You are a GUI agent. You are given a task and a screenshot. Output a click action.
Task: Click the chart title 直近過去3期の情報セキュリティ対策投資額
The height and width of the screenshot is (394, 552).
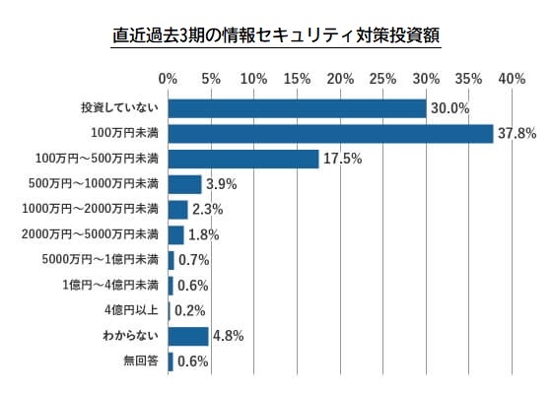276,36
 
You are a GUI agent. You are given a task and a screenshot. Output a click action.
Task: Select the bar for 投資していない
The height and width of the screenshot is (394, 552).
297,107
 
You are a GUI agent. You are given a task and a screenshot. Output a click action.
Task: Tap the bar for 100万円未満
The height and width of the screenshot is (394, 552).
330,133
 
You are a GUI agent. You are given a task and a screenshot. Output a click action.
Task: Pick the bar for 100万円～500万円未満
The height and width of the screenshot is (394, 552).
243,159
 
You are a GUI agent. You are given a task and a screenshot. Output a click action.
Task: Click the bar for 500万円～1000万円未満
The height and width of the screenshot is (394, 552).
185,184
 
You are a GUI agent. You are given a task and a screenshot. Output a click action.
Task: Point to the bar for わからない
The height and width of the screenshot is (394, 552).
188,336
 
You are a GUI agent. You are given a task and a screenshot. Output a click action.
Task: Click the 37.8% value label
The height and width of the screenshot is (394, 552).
514,133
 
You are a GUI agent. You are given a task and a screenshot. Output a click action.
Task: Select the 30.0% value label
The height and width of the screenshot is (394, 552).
448,107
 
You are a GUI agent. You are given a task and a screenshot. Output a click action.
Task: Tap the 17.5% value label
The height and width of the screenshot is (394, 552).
341,159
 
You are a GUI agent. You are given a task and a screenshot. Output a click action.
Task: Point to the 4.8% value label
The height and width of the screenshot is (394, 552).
228,336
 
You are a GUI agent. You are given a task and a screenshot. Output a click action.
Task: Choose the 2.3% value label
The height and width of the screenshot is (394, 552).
208,209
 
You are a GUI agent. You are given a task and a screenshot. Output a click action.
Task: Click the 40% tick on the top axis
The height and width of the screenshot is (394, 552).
513,78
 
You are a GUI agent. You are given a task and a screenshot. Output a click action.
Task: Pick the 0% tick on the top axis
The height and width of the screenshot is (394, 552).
169,78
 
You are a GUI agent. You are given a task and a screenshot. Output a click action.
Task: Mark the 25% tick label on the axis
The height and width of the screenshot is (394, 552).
383,78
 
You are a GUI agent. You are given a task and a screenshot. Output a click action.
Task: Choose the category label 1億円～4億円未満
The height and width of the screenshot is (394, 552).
110,286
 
